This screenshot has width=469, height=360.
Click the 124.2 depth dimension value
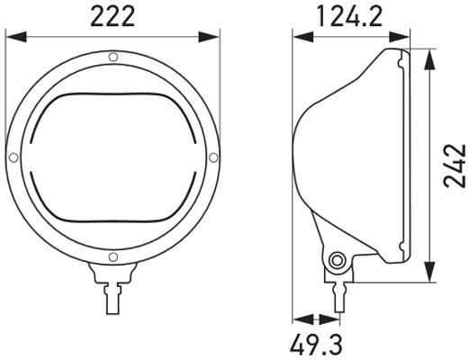[x=351, y=15]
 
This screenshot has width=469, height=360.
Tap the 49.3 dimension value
[x=316, y=343]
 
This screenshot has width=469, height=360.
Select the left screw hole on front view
[x=13, y=158]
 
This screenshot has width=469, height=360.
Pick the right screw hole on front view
[x=212, y=158]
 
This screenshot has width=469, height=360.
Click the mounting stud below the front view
[x=113, y=293]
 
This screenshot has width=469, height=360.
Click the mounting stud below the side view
[x=338, y=293]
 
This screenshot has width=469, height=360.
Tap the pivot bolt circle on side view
[x=338, y=261]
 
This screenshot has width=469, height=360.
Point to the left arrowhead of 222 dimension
[x=11, y=38]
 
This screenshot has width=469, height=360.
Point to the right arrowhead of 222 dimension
[x=213, y=38]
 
